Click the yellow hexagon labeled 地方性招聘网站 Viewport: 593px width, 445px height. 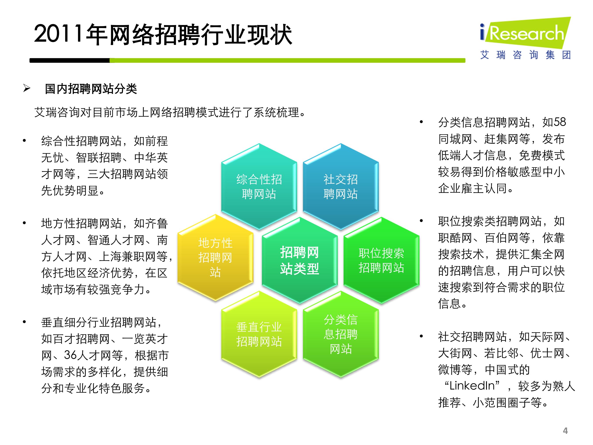coord(215,258)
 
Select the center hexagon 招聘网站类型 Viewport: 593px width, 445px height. coord(299,260)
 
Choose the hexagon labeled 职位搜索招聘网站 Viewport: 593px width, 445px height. coord(381,260)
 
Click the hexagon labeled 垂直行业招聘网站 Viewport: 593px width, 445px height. coord(259,334)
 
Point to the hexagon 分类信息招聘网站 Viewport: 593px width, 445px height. coord(341,334)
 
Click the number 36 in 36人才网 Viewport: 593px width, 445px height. coord(70,355)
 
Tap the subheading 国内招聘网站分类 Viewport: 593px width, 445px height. coord(91,89)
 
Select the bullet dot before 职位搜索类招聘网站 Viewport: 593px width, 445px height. coord(421,221)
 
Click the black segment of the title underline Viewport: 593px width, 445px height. coord(70,61)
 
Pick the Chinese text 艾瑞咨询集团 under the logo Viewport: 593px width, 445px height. coord(525,55)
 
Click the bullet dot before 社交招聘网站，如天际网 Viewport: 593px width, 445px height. coord(421,336)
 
